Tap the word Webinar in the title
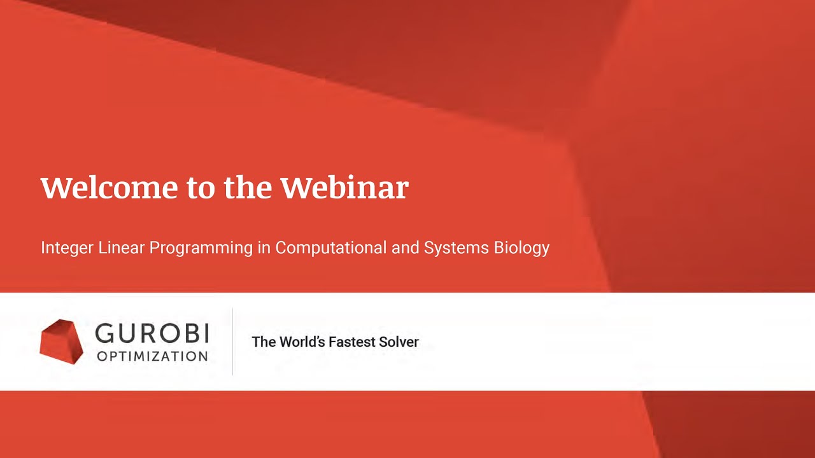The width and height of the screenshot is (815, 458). [344, 188]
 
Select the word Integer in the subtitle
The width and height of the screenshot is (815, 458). [67, 248]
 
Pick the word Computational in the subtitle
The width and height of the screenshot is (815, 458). [331, 248]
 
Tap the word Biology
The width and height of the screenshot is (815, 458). [521, 248]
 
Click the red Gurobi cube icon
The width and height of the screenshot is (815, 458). [62, 342]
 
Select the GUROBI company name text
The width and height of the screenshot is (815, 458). [152, 333]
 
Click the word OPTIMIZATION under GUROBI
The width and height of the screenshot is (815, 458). [152, 356]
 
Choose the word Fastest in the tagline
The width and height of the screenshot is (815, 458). [351, 342]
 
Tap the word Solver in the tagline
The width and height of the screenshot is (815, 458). [399, 342]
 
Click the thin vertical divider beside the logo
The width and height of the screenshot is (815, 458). [232, 342]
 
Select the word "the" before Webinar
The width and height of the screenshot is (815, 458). [249, 188]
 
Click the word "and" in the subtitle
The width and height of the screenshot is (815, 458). [405, 247]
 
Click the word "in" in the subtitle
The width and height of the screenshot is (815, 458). [264, 247]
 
